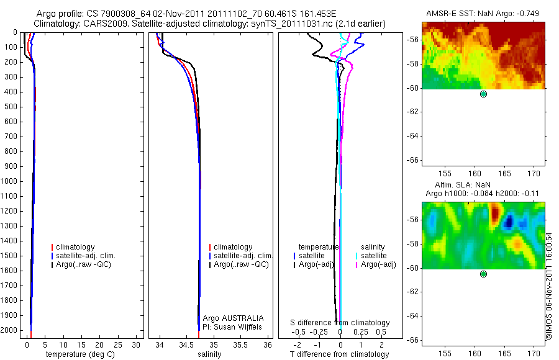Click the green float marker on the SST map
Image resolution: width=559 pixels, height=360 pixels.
click(x=483, y=94)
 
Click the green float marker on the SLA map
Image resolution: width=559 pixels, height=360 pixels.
click(x=483, y=274)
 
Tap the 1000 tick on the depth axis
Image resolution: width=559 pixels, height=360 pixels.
click(x=9, y=181)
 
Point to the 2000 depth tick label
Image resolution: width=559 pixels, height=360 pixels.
click(x=9, y=330)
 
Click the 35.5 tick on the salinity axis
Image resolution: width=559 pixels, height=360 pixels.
click(x=240, y=345)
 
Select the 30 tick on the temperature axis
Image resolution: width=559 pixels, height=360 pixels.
click(x=136, y=345)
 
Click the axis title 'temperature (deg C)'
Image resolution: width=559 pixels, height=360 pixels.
click(x=80, y=354)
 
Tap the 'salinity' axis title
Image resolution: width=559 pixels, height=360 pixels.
click(x=209, y=354)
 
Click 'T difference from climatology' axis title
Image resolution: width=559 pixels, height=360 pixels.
click(x=339, y=354)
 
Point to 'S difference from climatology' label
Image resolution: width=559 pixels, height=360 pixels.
click(x=340, y=323)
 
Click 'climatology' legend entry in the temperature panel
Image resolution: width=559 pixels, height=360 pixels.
click(x=75, y=247)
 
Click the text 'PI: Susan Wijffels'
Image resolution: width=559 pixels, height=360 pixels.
click(x=232, y=327)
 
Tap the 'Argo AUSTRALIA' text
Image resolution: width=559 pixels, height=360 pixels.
click(x=233, y=318)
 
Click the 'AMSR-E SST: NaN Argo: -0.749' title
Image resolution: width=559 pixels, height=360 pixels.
click(x=483, y=14)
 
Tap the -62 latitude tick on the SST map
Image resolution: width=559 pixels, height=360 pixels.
click(x=412, y=112)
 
